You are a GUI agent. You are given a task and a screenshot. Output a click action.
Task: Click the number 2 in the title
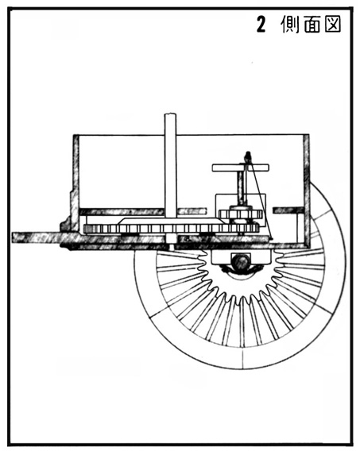[261, 24]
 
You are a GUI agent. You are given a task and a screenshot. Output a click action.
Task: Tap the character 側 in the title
[290, 24]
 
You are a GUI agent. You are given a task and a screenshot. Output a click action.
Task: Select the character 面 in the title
[312, 24]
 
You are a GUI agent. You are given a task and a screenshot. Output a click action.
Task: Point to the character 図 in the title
[333, 24]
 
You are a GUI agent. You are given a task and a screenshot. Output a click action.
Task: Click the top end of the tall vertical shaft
[170, 114]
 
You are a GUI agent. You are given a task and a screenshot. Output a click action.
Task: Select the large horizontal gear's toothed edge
[171, 229]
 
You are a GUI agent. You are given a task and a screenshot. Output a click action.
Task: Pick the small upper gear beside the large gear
[241, 214]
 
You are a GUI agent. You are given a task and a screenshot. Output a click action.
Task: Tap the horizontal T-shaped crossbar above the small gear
[241, 168]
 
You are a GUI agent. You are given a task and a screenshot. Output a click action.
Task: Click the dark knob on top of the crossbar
[247, 157]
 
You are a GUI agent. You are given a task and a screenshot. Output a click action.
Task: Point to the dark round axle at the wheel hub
[241, 262]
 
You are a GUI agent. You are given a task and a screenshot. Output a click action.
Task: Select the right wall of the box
[307, 190]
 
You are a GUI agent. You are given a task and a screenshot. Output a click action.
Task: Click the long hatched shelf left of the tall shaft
[122, 212]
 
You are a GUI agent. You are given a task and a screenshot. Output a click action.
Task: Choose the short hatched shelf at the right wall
[288, 210]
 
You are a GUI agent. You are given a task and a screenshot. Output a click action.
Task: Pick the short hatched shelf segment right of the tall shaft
[192, 212]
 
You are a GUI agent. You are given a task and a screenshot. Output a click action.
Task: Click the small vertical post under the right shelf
[300, 228]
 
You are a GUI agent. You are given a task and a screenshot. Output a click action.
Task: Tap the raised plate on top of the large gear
[171, 222]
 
